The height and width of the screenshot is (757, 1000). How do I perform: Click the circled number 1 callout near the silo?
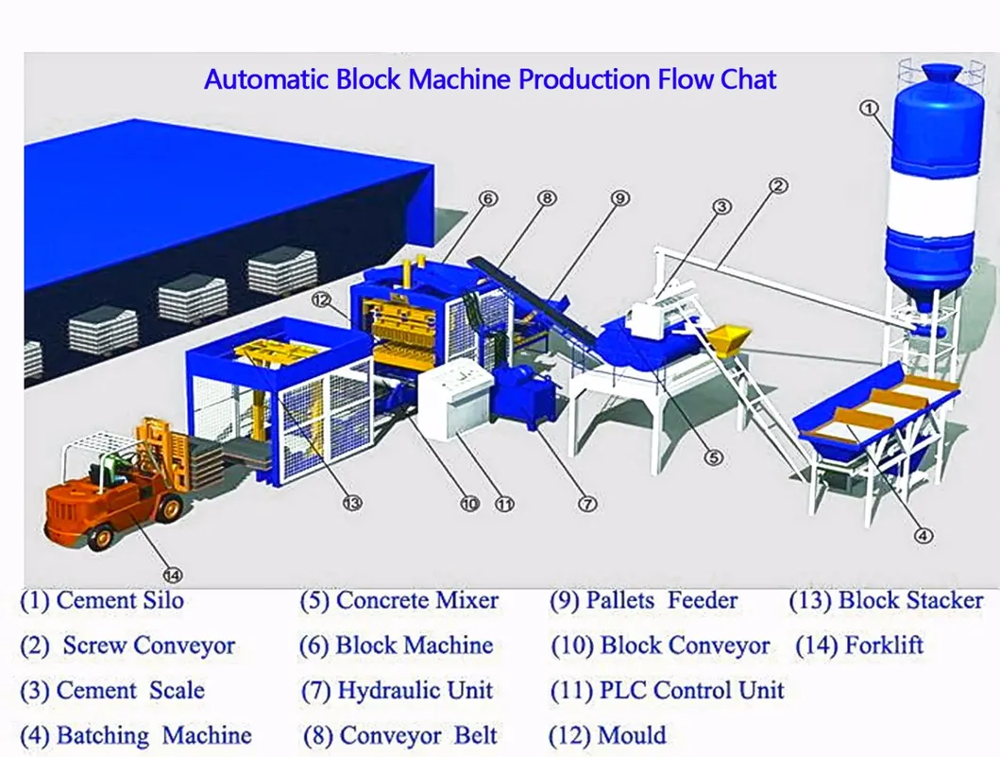868,109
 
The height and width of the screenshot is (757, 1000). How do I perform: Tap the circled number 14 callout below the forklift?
173,573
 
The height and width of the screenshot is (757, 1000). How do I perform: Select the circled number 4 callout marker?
924,535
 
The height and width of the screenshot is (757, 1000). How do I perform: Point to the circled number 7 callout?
587,504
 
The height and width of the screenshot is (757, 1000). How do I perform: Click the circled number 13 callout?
352,503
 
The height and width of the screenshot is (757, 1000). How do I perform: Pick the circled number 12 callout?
322,301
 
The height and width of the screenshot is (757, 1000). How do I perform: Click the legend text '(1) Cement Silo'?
102,600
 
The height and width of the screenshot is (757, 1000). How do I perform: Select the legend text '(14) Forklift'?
858,646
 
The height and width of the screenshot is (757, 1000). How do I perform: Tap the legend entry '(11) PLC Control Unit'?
667,691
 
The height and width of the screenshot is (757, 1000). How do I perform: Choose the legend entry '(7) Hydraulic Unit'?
397,691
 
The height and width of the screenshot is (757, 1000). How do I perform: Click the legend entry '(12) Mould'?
607,735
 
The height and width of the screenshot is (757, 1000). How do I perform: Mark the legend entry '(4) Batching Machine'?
136,735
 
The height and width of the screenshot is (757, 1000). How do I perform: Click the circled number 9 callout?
619,198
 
